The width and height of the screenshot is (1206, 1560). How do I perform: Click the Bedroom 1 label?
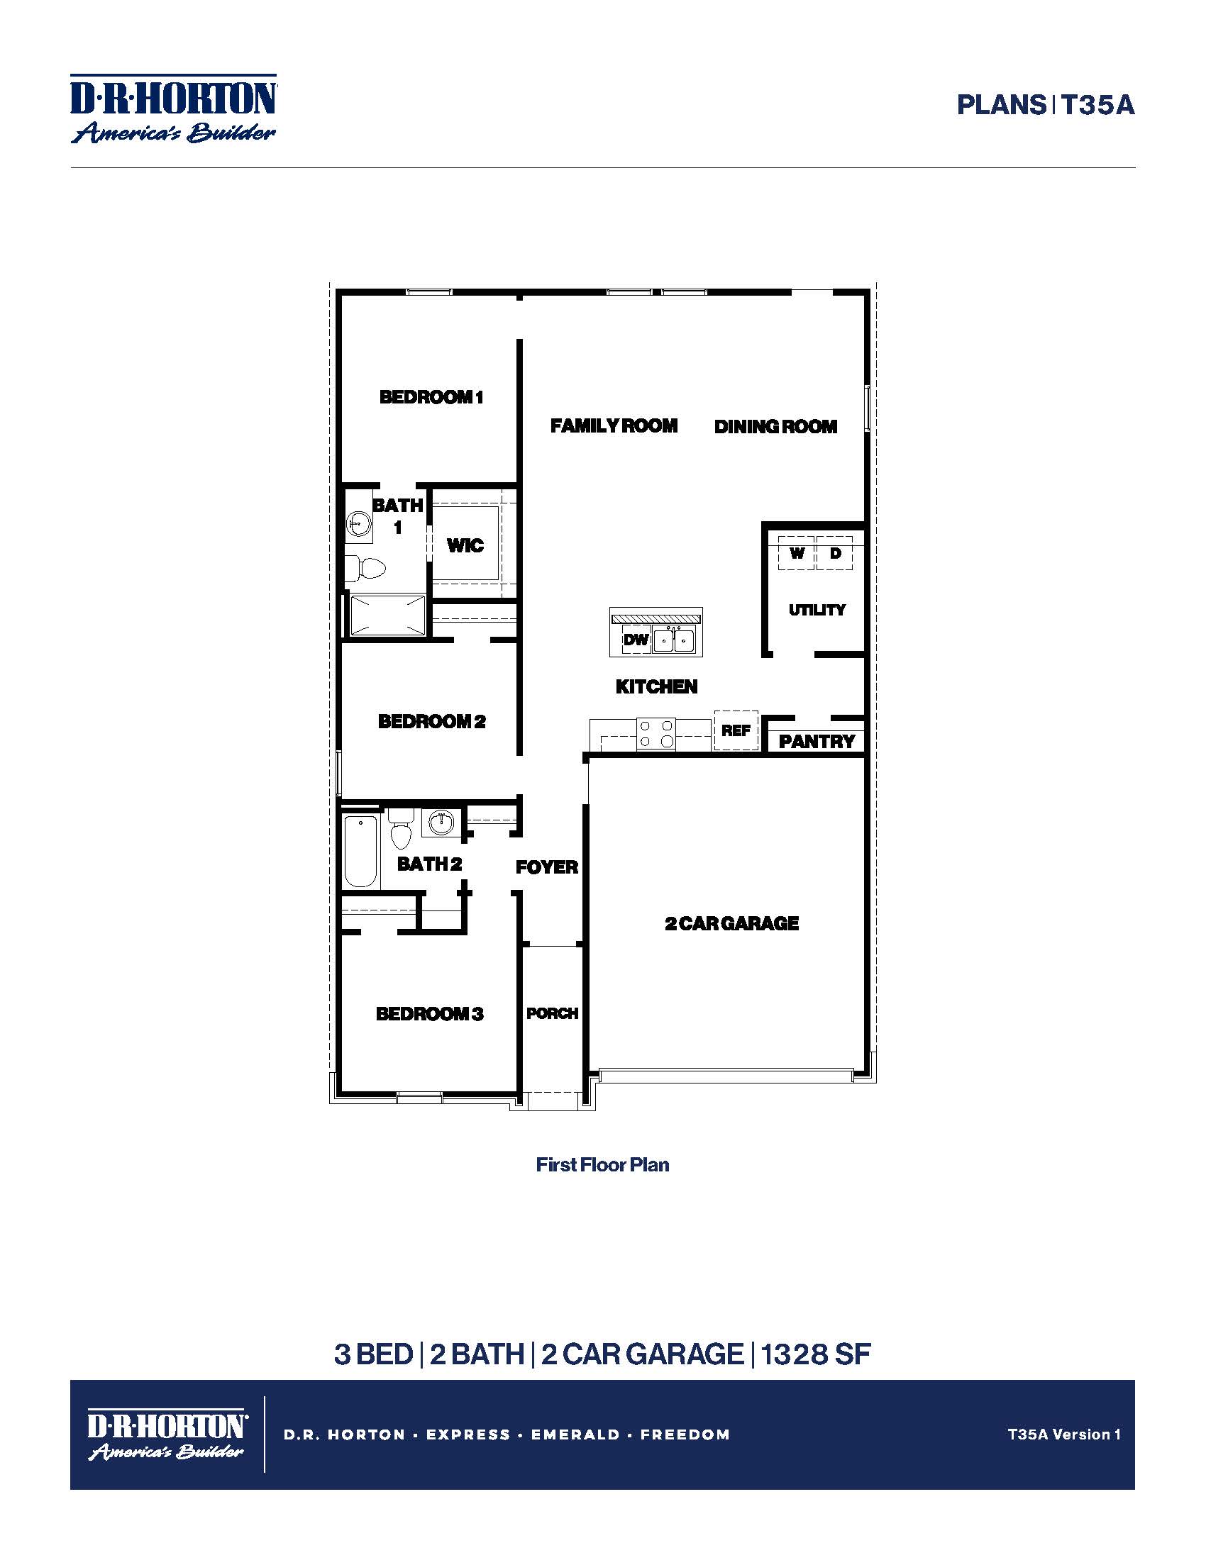tap(431, 397)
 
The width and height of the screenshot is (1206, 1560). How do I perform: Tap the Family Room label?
tap(614, 426)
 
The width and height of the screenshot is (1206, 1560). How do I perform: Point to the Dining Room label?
tap(776, 427)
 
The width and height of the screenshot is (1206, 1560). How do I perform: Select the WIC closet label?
tap(465, 546)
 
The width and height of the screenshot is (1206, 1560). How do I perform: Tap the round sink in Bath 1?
tap(359, 523)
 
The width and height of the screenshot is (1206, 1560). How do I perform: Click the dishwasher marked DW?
tap(635, 640)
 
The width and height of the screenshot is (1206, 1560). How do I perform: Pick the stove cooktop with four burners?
tap(656, 733)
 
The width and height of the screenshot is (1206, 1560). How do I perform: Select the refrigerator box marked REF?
tap(736, 730)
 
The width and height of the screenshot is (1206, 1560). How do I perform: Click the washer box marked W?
tap(797, 553)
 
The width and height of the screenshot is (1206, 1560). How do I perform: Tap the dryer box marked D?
tap(834, 553)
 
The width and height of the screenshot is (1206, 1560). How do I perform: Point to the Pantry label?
tap(817, 742)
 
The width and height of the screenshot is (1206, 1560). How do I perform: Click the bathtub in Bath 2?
tap(361, 852)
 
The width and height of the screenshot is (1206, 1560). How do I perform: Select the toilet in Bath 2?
tap(401, 830)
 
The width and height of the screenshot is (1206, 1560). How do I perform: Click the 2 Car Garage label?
tap(731, 923)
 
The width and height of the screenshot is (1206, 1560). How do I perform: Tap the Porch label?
tap(552, 1013)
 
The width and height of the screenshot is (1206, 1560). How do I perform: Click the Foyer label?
tap(547, 867)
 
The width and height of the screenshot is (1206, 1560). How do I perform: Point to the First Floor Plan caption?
tap(602, 1165)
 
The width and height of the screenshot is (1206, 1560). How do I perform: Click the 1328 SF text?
tap(815, 1354)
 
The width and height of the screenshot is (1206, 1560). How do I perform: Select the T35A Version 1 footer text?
tap(1064, 1434)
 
